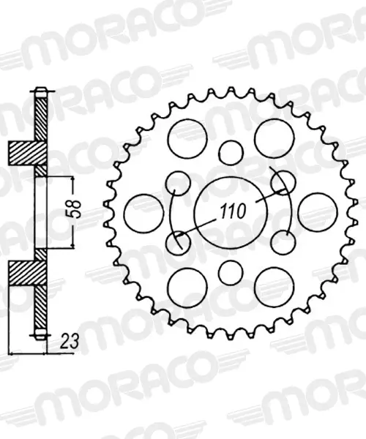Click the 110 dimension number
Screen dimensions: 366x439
pyautogui.click(x=233, y=211)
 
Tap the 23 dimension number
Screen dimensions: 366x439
pyautogui.click(x=69, y=341)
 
